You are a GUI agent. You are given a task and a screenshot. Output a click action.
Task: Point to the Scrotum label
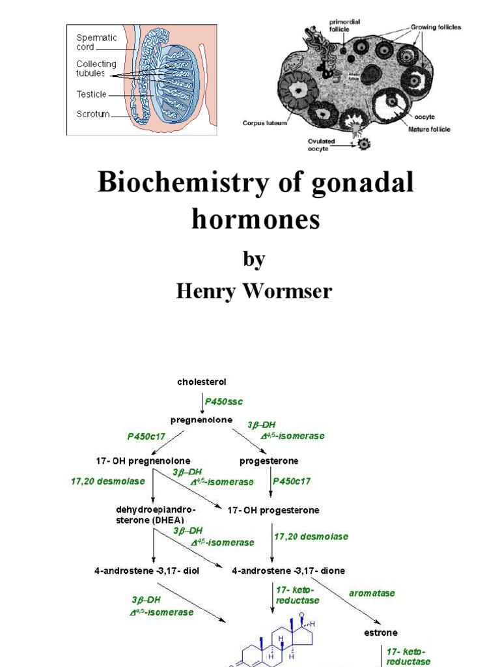pyautogui.click(x=92, y=115)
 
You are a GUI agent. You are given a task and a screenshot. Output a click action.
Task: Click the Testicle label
pyautogui.click(x=92, y=94)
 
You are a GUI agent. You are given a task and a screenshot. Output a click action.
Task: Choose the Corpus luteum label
pyautogui.click(x=265, y=122)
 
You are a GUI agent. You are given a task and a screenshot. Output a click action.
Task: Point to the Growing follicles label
pyautogui.click(x=436, y=27)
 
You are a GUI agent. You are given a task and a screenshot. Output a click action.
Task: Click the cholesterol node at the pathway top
pyautogui.click(x=202, y=382)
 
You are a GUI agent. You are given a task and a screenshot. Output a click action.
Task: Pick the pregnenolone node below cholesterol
pyautogui.click(x=202, y=420)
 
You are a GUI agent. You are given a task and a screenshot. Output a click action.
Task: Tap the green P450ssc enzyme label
pyautogui.click(x=224, y=401)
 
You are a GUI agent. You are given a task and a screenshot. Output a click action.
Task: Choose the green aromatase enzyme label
pyautogui.click(x=372, y=593)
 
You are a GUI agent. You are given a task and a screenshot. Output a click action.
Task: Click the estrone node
pyautogui.click(x=381, y=632)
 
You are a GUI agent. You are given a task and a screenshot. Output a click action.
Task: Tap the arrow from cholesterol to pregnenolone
pyautogui.click(x=202, y=401)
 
